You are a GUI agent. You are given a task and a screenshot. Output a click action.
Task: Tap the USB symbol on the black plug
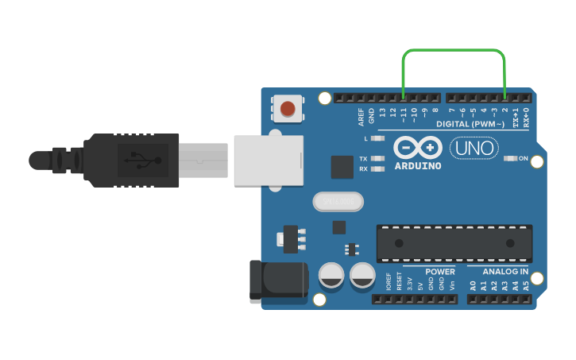(x=141, y=161)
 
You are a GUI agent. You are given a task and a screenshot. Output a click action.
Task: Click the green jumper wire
(x=454, y=50)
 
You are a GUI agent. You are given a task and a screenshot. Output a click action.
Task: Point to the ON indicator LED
(x=510, y=158)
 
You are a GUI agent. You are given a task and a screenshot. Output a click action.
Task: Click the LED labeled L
(x=378, y=138)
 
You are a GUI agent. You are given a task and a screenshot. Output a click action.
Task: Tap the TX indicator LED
(x=378, y=158)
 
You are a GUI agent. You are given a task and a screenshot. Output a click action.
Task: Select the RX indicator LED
(x=378, y=168)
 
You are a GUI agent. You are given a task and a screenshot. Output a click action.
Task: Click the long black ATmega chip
(x=454, y=243)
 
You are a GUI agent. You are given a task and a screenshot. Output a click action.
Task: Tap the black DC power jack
(x=278, y=280)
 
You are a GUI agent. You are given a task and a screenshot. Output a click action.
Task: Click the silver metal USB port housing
(x=269, y=161)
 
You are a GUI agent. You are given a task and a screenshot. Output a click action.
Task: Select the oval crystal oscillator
(x=338, y=202)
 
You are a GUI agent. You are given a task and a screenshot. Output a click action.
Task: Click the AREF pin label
(x=361, y=117)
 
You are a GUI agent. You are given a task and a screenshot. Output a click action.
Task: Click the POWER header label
(x=440, y=272)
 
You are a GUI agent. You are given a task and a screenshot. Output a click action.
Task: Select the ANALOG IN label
(x=506, y=272)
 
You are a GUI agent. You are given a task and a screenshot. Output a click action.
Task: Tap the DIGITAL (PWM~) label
(x=470, y=125)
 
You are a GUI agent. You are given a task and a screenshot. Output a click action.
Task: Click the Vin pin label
(x=452, y=284)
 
